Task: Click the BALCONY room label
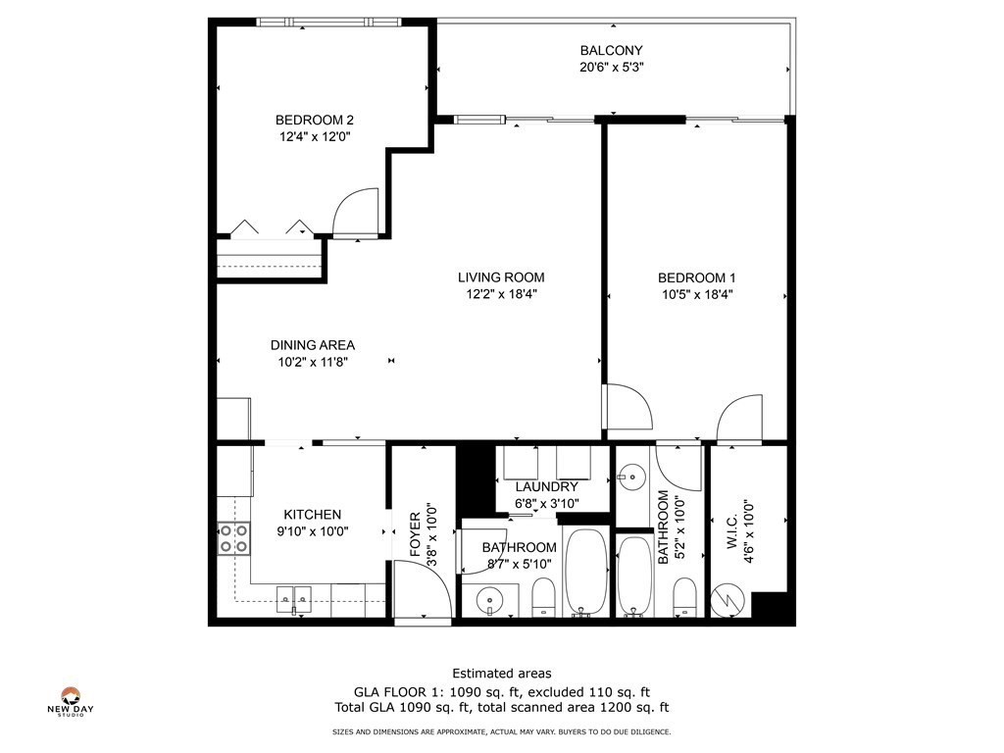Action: tap(611, 50)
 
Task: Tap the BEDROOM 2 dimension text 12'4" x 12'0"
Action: tap(315, 136)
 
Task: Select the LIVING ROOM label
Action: tap(501, 277)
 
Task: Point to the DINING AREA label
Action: tap(313, 345)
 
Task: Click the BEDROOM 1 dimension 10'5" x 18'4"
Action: tap(697, 294)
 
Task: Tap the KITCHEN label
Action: tap(313, 515)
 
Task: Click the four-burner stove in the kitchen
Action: tap(233, 538)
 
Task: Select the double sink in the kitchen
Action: tap(294, 599)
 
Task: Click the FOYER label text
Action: tap(415, 534)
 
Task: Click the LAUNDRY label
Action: tap(546, 486)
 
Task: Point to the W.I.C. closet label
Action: tap(731, 530)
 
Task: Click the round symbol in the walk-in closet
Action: tap(728, 601)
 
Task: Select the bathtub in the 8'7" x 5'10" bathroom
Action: tap(585, 572)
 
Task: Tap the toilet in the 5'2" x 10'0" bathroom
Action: tap(684, 596)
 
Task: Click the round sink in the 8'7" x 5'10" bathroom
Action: tap(490, 601)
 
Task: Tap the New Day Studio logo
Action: tap(71, 701)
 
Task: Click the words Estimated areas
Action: tap(502, 673)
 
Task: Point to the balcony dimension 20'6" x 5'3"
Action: tap(611, 67)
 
